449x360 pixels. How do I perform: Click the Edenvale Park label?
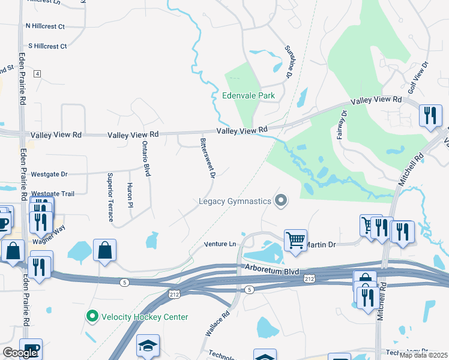click(x=249, y=95)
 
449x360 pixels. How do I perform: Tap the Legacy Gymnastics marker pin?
click(x=280, y=200)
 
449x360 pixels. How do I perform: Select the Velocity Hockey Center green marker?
click(x=92, y=316)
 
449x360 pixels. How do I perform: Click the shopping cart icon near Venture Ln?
click(x=295, y=240)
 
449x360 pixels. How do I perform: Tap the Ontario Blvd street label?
click(x=145, y=158)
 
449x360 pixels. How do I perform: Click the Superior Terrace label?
click(x=110, y=197)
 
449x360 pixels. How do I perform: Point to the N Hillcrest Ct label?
click(x=45, y=26)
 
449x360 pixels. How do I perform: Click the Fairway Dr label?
click(x=341, y=124)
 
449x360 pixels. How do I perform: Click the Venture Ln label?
click(x=220, y=244)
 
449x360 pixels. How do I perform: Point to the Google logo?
click(x=20, y=353)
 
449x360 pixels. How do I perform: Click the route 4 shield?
click(x=37, y=73)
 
